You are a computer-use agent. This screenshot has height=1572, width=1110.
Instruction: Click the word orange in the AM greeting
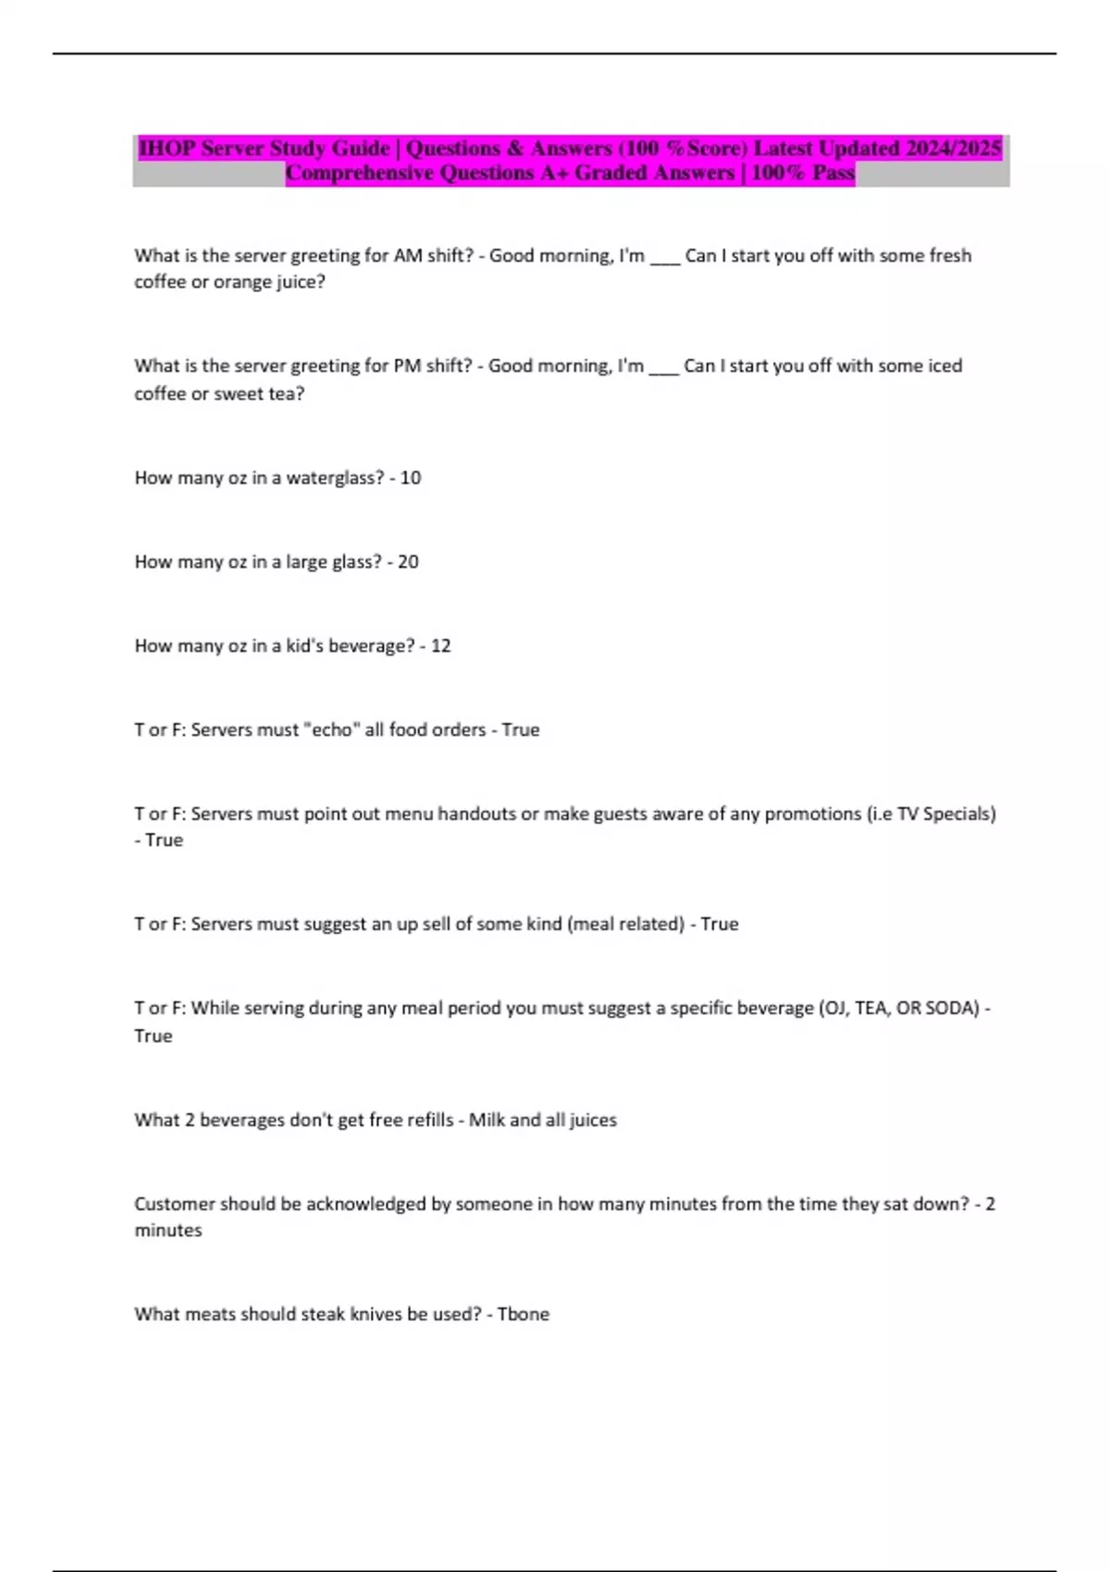pos(242,282)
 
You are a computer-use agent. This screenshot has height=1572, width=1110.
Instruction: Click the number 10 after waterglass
pos(411,478)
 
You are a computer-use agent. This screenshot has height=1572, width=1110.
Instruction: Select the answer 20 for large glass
pos(408,562)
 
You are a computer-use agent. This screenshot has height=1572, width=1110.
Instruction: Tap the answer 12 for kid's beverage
pos(440,646)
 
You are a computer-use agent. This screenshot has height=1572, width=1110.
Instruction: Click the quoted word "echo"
pos(332,730)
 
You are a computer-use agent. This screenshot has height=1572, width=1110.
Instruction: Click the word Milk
pos(487,1120)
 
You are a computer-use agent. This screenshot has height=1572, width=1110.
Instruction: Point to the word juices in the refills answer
pos(593,1120)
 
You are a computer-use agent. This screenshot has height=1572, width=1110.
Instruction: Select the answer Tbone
pos(524,1314)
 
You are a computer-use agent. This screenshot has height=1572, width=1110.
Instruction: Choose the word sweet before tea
pos(240,394)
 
